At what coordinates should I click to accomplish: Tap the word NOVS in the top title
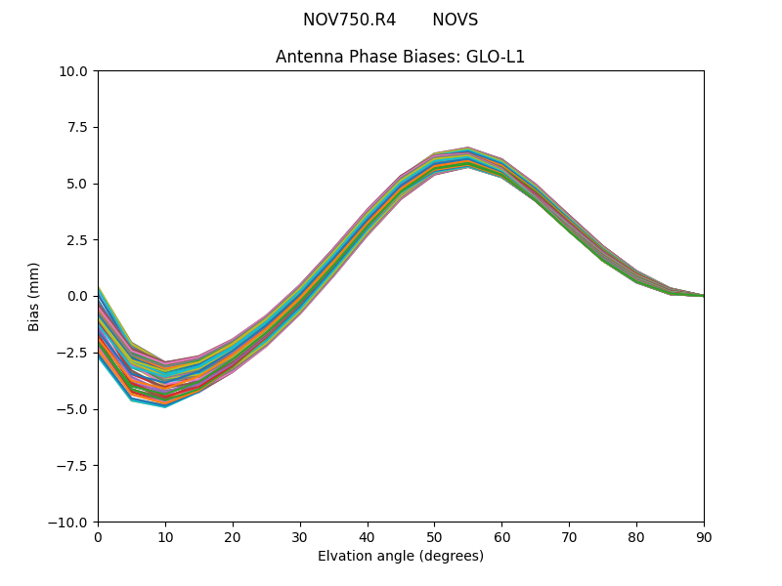[x=456, y=20]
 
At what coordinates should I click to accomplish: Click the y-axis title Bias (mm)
[x=34, y=296]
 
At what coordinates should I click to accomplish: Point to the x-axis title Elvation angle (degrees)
[x=401, y=557]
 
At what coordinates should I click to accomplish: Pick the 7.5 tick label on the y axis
[x=78, y=127]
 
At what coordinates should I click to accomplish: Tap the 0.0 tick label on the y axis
[x=78, y=296]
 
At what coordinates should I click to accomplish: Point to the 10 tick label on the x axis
[x=165, y=536]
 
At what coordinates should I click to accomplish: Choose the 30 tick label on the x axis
[x=300, y=536]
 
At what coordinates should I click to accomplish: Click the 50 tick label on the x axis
[x=434, y=536]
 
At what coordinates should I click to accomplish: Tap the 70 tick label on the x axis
[x=569, y=536]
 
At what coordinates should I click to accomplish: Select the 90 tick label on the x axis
[x=704, y=536]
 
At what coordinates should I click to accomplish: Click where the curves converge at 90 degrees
[x=702, y=295]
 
